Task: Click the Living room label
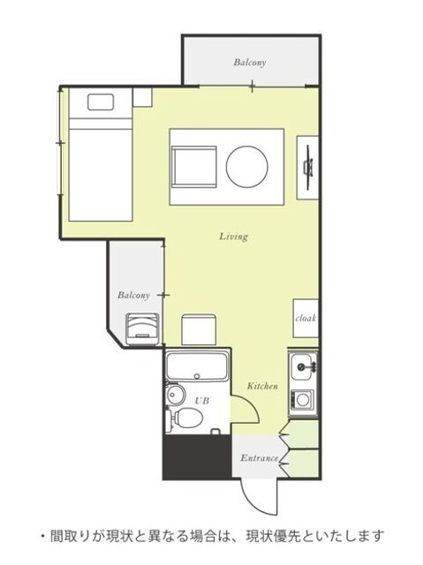(x=234, y=237)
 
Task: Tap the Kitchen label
(x=262, y=386)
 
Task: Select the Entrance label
(x=259, y=458)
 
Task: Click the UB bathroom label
(x=201, y=401)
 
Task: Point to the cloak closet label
(x=306, y=318)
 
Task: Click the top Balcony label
(x=250, y=62)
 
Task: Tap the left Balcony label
(x=133, y=295)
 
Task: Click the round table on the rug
(x=246, y=166)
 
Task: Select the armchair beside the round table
(x=194, y=167)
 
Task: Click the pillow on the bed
(x=101, y=102)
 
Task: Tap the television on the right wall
(x=308, y=167)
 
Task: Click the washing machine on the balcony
(x=142, y=329)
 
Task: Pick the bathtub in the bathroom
(x=197, y=365)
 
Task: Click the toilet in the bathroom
(x=185, y=418)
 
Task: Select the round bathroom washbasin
(x=175, y=395)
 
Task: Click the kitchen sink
(x=302, y=366)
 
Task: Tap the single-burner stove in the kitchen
(x=302, y=400)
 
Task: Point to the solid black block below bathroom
(x=197, y=457)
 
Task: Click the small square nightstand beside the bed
(x=142, y=97)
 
